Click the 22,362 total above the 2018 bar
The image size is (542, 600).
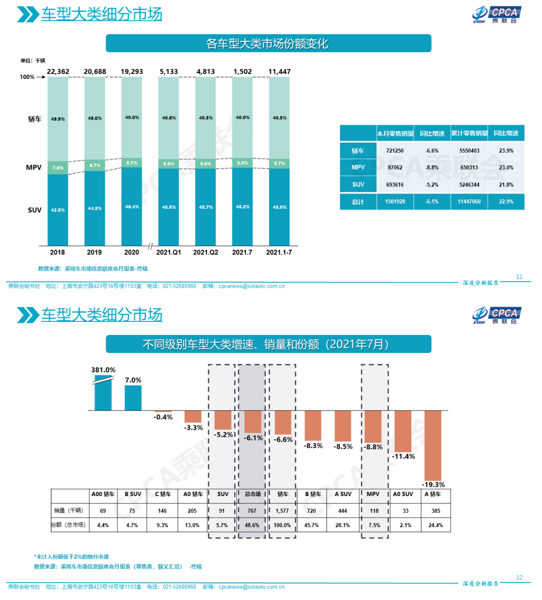[57, 71]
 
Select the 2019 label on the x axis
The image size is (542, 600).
[95, 253]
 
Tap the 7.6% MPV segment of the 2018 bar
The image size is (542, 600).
[57, 167]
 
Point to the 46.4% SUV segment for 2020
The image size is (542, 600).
[132, 206]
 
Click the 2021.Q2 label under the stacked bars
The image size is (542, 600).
[206, 253]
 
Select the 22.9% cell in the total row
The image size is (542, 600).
[506, 202]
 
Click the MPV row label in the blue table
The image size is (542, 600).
[358, 167]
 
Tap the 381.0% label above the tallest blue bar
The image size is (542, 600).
[103, 370]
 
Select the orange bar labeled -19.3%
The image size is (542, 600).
[433, 445]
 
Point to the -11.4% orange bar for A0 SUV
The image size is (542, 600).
[403, 431]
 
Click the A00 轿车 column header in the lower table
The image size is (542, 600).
[103, 494]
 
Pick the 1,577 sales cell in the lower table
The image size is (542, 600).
[283, 511]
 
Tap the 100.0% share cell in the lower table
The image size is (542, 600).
[283, 526]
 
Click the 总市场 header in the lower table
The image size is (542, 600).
[252, 494]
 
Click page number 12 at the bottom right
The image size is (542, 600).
[519, 577]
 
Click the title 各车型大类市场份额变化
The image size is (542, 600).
[268, 43]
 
